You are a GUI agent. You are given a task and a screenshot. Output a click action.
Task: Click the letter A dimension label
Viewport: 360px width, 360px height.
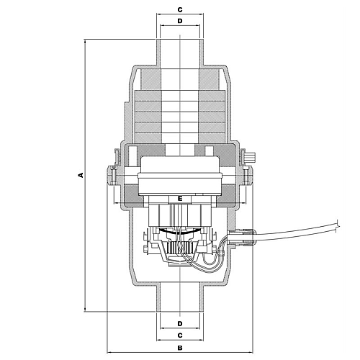[81, 175]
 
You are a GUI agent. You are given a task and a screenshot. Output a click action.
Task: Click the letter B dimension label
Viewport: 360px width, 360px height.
[180, 348]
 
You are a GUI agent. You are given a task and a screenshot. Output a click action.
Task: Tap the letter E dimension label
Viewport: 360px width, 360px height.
[180, 199]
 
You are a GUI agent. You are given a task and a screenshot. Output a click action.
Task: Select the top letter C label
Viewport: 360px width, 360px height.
[180, 10]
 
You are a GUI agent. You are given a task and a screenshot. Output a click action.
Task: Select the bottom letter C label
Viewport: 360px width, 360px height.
[180, 336]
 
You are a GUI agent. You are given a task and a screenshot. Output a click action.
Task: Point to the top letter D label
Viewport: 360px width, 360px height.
[180, 21]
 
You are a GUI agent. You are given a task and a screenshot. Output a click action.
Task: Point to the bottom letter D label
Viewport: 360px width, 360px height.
[180, 323]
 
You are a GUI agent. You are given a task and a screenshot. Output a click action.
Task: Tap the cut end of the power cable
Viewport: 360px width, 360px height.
[338, 226]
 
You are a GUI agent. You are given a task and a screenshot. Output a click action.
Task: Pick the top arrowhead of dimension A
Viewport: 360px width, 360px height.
[85, 41]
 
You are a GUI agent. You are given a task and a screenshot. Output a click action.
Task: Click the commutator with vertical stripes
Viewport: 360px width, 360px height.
[179, 248]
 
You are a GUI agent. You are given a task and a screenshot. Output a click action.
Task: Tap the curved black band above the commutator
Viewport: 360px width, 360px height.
[180, 231]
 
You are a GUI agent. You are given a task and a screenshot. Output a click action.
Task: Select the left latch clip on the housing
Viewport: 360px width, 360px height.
[117, 156]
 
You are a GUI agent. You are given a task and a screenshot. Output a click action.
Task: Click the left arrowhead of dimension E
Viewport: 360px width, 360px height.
[116, 203]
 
